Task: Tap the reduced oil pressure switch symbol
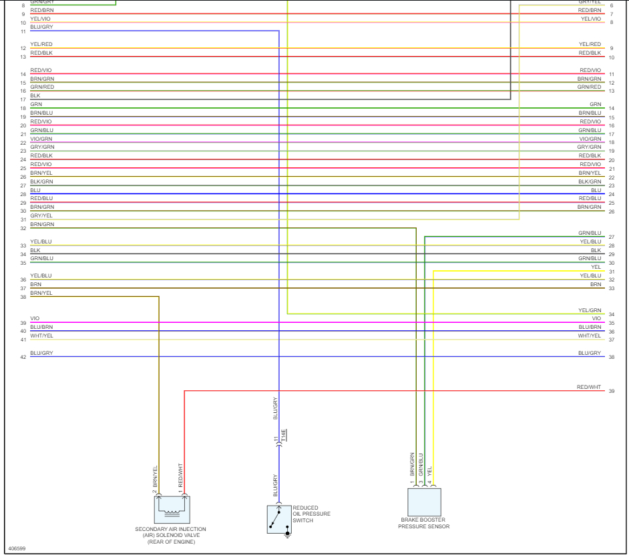tap(279, 519)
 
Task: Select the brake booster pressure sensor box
tap(424, 502)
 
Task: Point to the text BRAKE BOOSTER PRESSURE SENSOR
tap(424, 523)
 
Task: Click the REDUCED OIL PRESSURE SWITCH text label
tap(311, 514)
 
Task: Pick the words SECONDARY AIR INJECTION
tap(171, 529)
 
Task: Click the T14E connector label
tap(283, 436)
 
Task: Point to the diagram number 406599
tap(17, 548)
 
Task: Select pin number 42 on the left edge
tap(23, 358)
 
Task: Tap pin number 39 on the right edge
tap(611, 392)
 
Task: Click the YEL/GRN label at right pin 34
tap(590, 311)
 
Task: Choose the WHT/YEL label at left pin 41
tap(41, 336)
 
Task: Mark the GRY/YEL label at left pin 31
tap(41, 215)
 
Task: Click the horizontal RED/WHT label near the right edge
tap(588, 387)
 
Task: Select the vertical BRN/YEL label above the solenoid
tap(155, 476)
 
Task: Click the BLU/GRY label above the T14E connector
tap(275, 408)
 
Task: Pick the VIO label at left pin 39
tap(35, 319)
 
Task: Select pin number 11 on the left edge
tap(23, 31)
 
